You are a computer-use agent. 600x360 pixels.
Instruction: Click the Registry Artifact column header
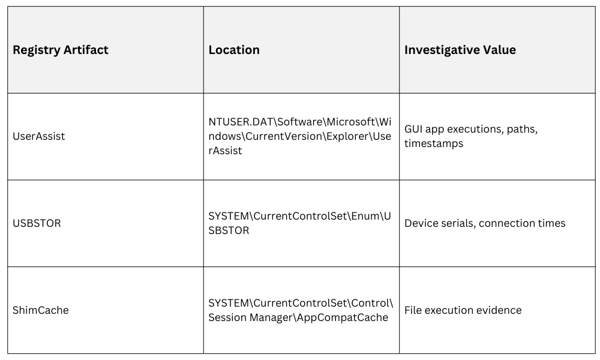61,50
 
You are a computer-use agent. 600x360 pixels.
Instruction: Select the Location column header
234,50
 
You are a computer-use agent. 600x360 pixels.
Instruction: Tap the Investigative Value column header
460,50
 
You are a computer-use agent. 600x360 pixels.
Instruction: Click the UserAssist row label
39,136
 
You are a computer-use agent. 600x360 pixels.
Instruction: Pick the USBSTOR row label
37,223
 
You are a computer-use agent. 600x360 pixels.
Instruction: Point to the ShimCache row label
41,310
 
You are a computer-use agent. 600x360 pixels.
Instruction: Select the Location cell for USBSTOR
299,223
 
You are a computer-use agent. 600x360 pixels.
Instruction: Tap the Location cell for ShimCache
301,310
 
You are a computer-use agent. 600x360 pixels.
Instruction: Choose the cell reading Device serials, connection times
485,223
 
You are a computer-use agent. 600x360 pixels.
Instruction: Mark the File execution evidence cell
463,310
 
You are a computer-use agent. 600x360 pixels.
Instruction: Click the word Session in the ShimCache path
227,317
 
